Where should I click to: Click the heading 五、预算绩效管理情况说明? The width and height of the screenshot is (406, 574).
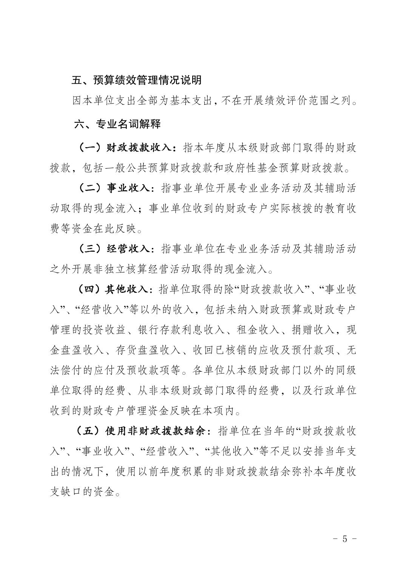point(137,80)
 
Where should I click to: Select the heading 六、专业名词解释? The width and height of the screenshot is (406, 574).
point(117,124)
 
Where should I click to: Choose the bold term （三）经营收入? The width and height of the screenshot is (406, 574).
point(116,249)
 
